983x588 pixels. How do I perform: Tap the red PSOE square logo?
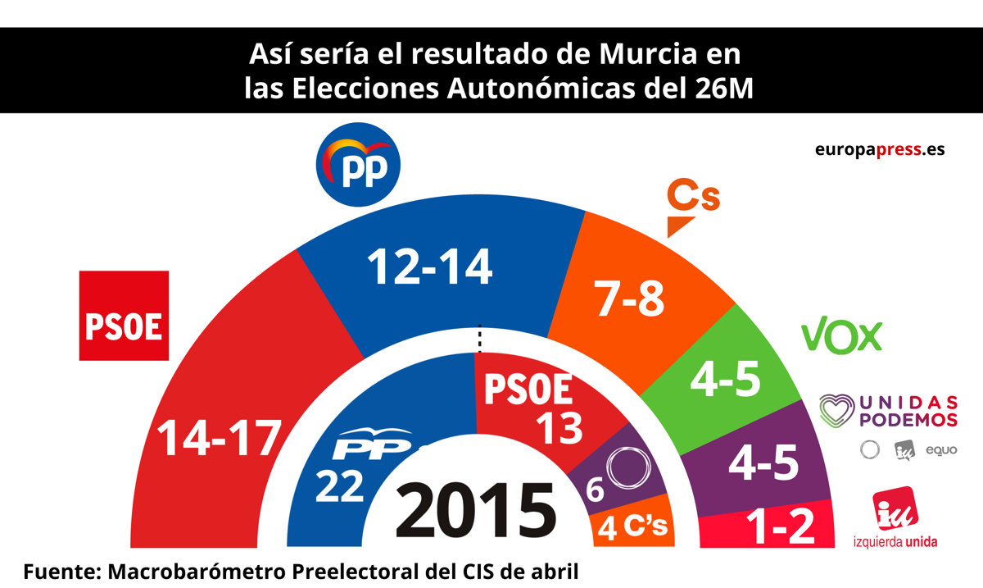(x=124, y=316)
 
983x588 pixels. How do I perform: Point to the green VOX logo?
(x=841, y=337)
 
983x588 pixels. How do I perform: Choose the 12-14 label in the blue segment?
(x=429, y=266)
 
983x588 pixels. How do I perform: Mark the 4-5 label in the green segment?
(x=726, y=380)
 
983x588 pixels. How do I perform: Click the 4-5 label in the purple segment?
(x=763, y=466)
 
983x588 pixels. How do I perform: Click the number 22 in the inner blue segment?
(x=340, y=487)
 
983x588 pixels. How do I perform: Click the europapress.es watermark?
(x=880, y=150)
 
